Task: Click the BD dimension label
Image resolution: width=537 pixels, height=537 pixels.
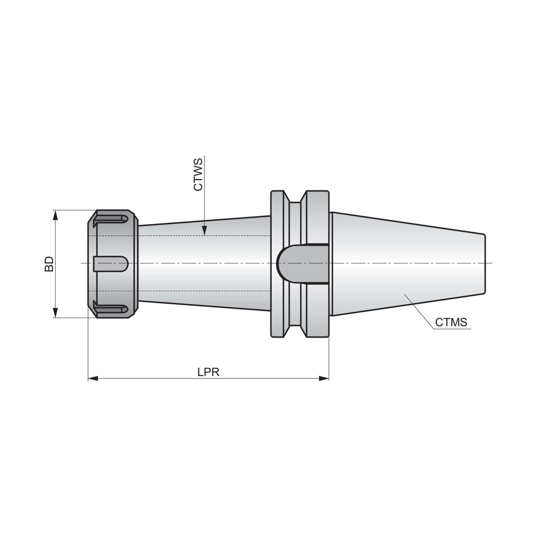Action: click(x=49, y=264)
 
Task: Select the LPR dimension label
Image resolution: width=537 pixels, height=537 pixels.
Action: click(x=208, y=372)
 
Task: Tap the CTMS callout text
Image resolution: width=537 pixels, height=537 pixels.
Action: click(x=451, y=322)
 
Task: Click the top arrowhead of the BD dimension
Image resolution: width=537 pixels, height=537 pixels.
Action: click(x=56, y=215)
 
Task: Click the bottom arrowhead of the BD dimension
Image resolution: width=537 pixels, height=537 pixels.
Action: click(x=56, y=312)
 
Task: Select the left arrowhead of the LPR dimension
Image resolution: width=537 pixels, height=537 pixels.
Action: click(x=93, y=379)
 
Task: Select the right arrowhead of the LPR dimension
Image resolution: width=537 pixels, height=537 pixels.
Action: click(x=324, y=379)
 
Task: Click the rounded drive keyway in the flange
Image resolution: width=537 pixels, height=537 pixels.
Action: click(x=302, y=264)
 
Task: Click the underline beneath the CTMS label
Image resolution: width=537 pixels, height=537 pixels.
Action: click(x=452, y=329)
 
